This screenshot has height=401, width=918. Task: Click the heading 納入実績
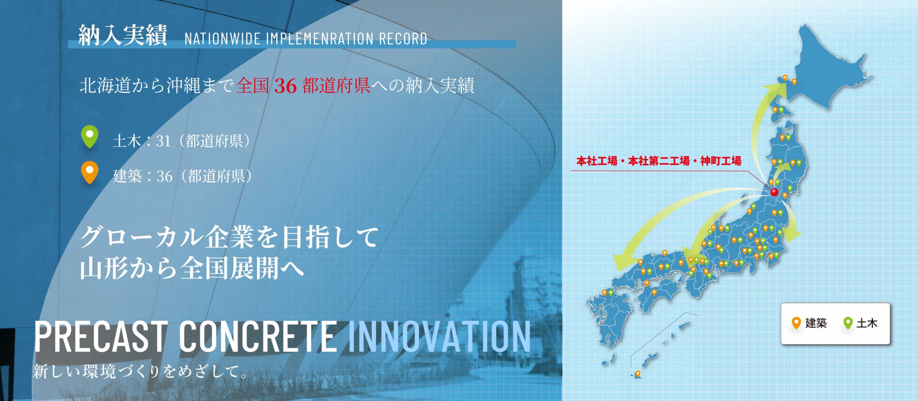[x=123, y=35]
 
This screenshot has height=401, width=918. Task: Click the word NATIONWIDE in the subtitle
[x=222, y=39]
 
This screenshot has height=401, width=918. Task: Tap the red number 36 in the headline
[x=285, y=86]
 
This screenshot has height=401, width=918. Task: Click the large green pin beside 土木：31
[x=90, y=136]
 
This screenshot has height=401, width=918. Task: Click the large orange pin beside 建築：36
[x=90, y=172]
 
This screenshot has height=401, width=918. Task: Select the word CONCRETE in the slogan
[x=257, y=337]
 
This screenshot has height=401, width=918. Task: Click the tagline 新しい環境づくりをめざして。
[x=140, y=371]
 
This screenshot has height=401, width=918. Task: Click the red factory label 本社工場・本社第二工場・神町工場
[x=659, y=161]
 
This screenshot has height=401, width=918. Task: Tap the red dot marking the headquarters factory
[x=774, y=192]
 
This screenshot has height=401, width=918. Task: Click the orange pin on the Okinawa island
[x=638, y=374]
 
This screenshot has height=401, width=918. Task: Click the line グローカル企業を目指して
[x=229, y=237]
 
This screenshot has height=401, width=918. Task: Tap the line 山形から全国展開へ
[x=192, y=269]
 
